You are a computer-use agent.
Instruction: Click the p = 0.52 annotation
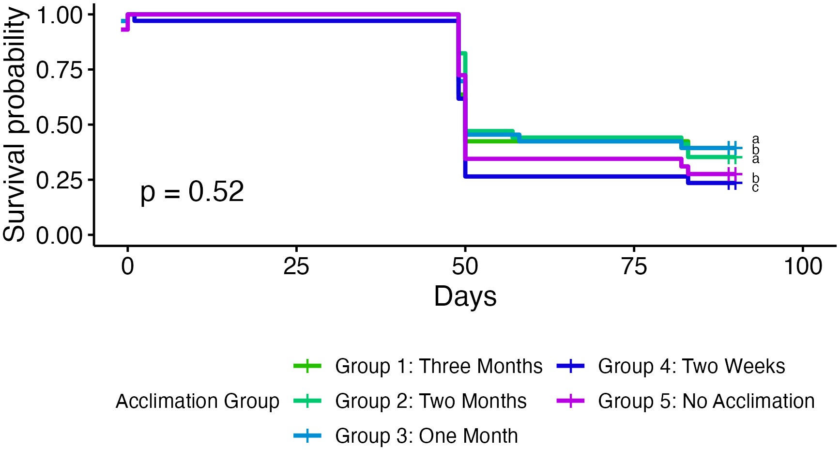(x=192, y=192)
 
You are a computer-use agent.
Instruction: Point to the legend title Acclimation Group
(x=198, y=401)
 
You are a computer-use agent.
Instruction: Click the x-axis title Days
(x=465, y=296)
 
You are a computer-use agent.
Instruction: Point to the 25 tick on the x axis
(x=296, y=266)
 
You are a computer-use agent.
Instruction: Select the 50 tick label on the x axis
(x=465, y=266)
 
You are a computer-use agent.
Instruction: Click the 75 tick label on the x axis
(x=634, y=266)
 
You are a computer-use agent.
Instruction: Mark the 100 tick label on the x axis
(x=803, y=266)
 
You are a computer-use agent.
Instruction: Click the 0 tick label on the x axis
(x=127, y=266)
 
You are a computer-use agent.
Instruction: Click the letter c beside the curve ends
(x=755, y=188)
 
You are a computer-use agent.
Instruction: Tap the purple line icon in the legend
(x=571, y=401)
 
